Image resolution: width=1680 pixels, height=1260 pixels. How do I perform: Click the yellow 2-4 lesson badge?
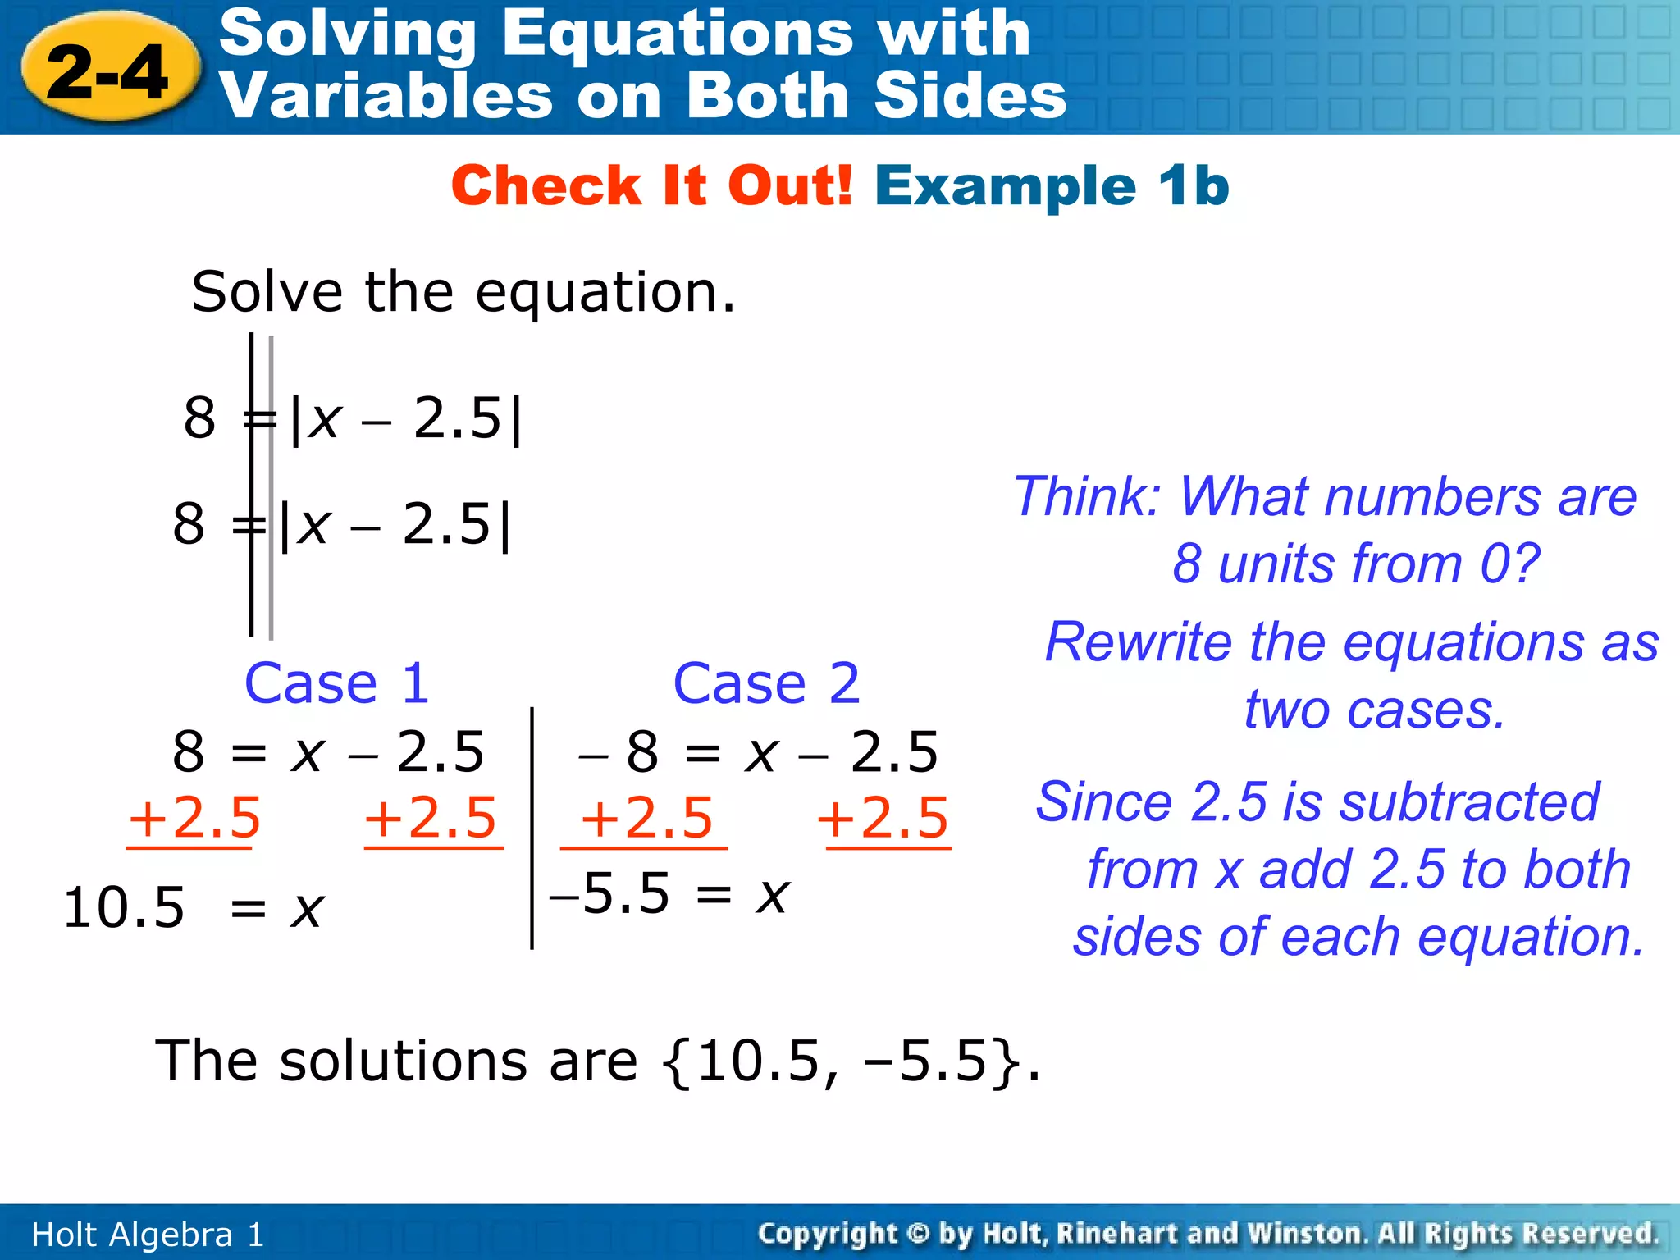109,72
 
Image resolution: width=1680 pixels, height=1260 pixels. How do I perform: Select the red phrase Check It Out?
652,185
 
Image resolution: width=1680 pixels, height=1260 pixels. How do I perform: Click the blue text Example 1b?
1052,185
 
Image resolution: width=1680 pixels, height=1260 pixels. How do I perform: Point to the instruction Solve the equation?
463,292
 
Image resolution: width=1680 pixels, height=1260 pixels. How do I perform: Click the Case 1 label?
336,683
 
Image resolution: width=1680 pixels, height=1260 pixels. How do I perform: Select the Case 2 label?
766,683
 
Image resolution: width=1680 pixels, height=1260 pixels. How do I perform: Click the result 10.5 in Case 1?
124,908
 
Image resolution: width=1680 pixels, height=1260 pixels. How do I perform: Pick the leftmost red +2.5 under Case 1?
194,818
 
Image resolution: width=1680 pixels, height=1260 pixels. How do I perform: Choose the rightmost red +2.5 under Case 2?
883,818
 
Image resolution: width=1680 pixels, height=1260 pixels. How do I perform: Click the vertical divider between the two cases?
532,829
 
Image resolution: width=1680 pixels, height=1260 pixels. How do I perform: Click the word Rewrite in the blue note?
1139,642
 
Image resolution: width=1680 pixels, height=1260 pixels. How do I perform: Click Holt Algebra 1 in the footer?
148,1235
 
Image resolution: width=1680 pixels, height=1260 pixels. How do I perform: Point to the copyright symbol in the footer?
918,1234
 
